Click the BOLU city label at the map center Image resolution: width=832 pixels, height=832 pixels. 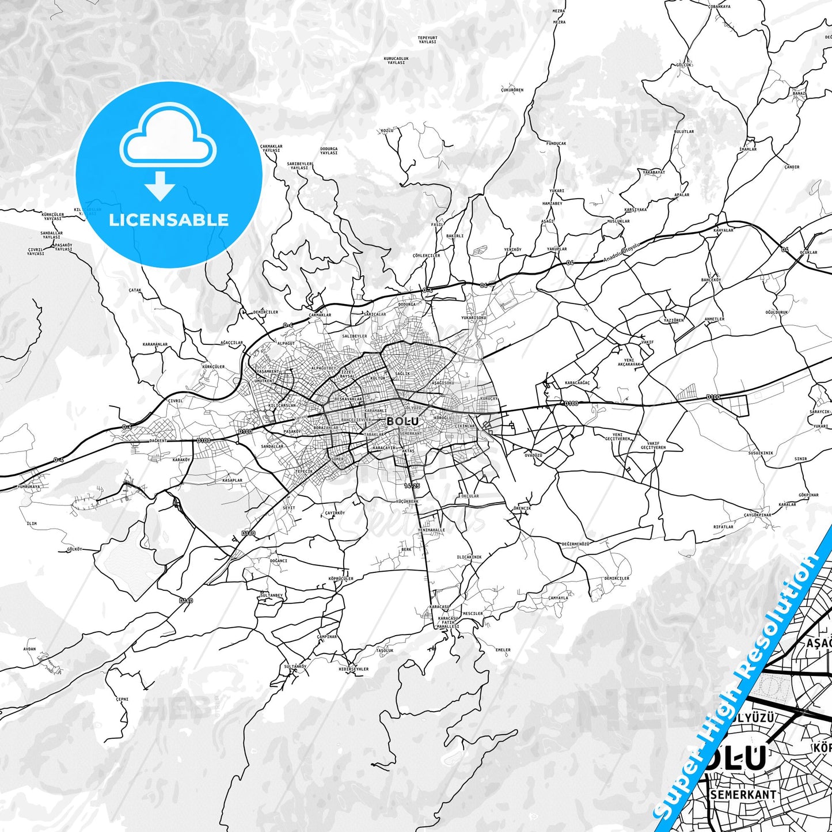(402, 421)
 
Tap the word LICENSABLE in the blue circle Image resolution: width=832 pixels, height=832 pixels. (169, 219)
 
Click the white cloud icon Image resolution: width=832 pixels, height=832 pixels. (168, 138)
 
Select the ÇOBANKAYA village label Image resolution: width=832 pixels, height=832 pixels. (719, 6)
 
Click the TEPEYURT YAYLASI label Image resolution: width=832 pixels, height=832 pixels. (427, 40)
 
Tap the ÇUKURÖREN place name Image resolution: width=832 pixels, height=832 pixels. (512, 90)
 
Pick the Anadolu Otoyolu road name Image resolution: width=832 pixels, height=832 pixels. (622, 252)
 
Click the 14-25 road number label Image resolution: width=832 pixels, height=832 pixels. (412, 485)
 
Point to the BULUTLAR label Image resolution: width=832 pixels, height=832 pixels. (684, 131)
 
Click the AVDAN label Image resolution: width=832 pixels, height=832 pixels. (29, 649)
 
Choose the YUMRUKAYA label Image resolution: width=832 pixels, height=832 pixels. (29, 487)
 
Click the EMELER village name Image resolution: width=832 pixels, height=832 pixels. (503, 650)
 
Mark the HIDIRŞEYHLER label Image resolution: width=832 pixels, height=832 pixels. (354, 669)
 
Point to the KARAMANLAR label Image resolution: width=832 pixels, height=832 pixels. (155, 344)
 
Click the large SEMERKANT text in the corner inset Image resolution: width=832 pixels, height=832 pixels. (743, 795)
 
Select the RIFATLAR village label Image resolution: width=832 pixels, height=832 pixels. (723, 526)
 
